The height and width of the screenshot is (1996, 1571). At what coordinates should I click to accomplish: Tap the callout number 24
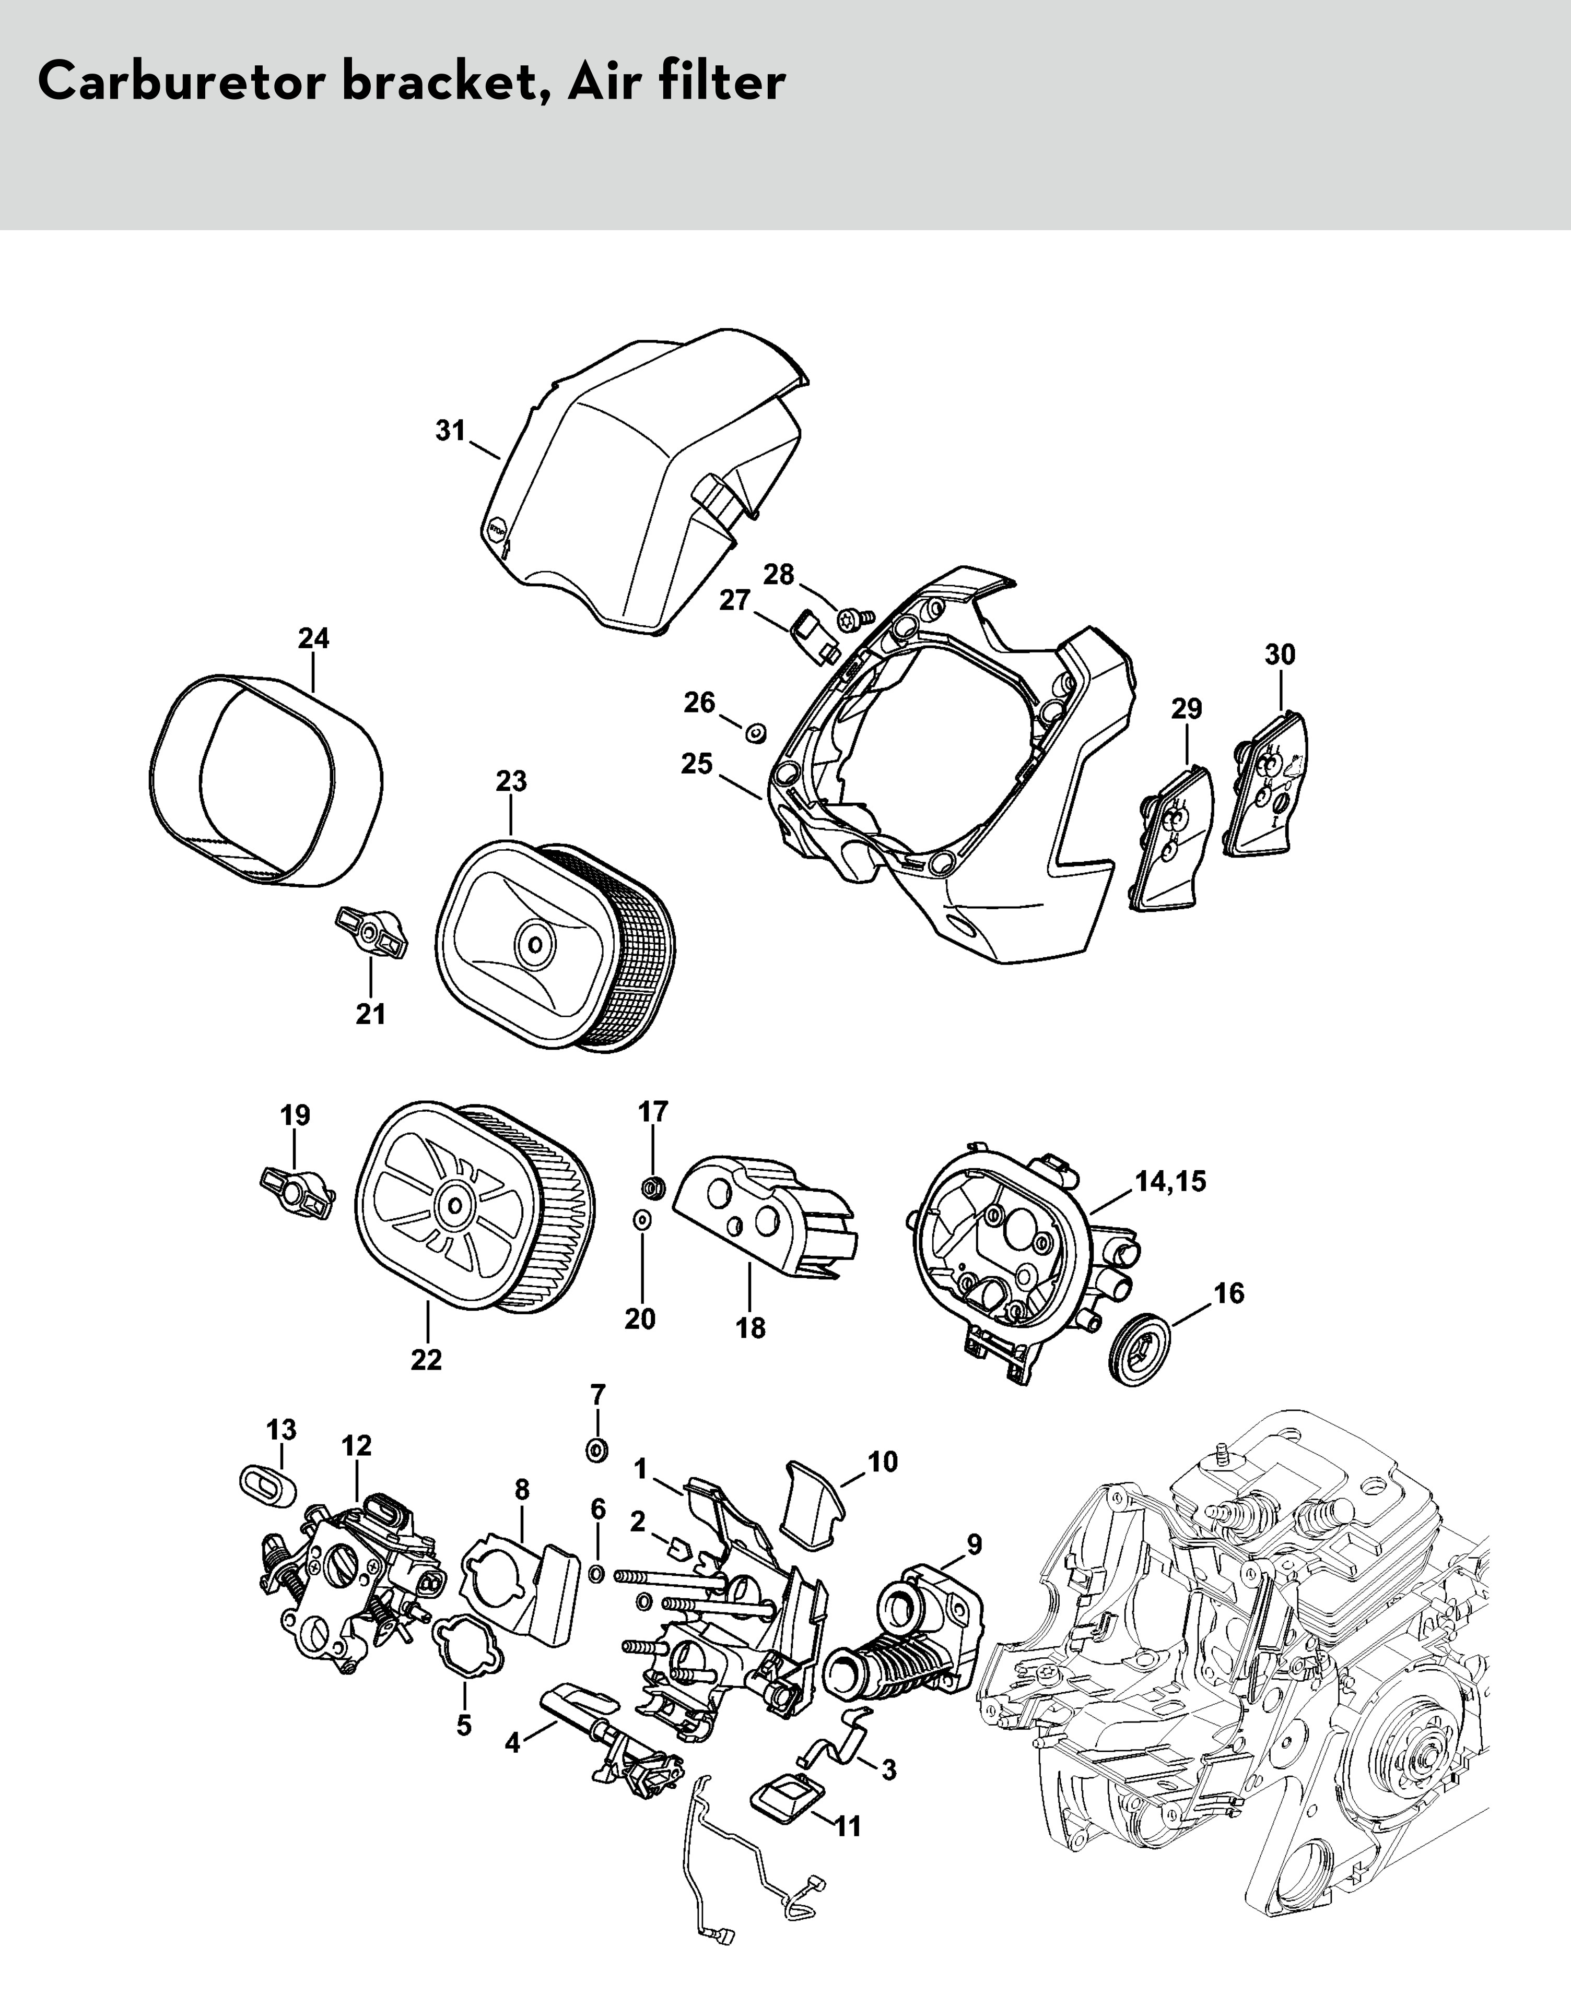click(314, 638)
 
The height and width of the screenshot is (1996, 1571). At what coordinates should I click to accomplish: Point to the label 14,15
click(1170, 1181)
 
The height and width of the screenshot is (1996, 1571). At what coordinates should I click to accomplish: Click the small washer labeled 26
click(756, 733)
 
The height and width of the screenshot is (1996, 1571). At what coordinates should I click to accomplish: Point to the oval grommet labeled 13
click(267, 1486)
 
